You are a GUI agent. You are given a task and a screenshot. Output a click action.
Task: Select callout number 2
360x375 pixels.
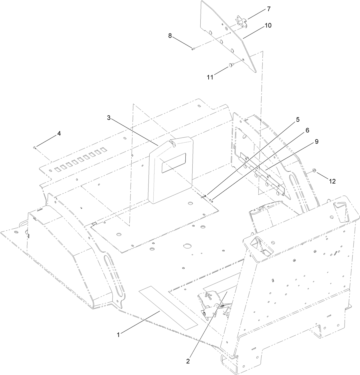[x=188, y=361]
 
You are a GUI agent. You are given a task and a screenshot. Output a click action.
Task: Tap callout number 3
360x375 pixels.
[x=109, y=118]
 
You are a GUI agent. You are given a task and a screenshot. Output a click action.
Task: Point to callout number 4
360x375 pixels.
[x=59, y=133]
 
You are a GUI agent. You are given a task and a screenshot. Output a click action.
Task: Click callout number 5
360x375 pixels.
[x=298, y=119]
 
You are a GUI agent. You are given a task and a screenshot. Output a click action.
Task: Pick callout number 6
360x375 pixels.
[x=307, y=130]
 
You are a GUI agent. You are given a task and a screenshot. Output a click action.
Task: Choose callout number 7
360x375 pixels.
[x=269, y=9]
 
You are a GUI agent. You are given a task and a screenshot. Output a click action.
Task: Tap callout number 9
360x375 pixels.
[x=317, y=141]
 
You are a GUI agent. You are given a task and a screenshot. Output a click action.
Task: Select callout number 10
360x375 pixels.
[x=268, y=25]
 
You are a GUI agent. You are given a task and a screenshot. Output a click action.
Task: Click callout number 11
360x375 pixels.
[x=210, y=77]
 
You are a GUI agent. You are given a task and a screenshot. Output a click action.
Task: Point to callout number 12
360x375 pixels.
[x=332, y=181]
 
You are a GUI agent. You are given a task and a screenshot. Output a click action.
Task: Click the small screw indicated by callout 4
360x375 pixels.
[x=35, y=147]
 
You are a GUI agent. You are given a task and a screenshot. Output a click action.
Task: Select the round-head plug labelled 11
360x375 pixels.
[x=231, y=66]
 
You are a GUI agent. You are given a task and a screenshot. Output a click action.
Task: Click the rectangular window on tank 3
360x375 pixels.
[x=174, y=163]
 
